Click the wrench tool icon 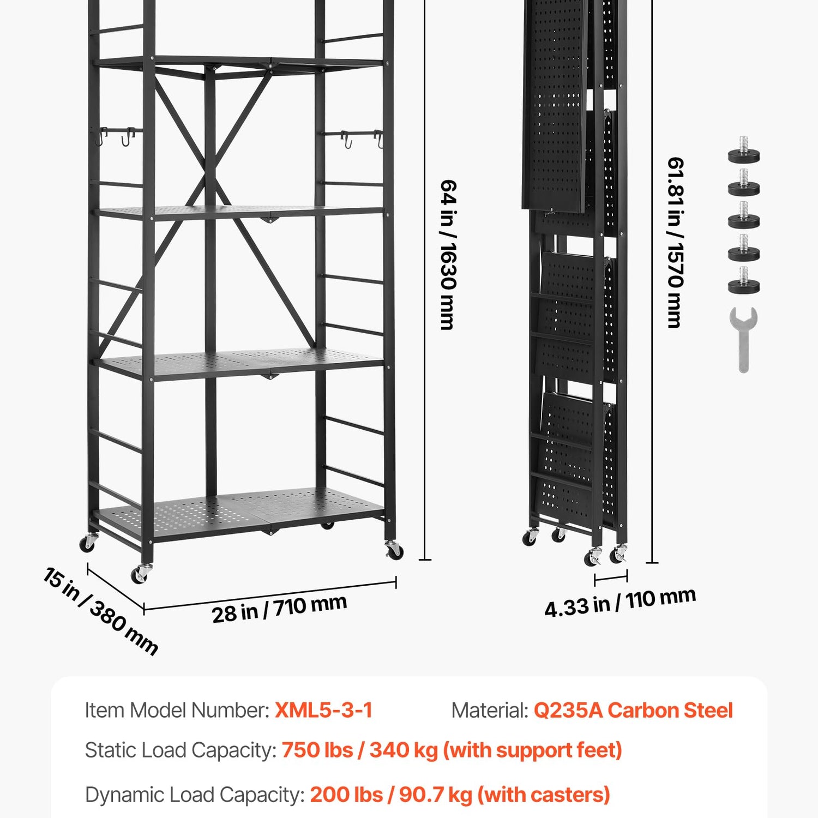(743, 339)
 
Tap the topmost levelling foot (744, 151)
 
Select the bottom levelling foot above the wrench (744, 281)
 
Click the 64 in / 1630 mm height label (448, 255)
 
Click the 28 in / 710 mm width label (279, 609)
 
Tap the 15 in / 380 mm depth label (100, 611)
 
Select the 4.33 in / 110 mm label (620, 602)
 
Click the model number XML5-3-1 (323, 710)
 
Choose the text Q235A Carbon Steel (633, 710)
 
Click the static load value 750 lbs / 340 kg (360, 750)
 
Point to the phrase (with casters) (544, 795)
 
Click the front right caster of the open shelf (394, 550)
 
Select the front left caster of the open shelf (141, 574)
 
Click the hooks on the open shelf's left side (118, 136)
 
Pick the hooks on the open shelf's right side (361, 139)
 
